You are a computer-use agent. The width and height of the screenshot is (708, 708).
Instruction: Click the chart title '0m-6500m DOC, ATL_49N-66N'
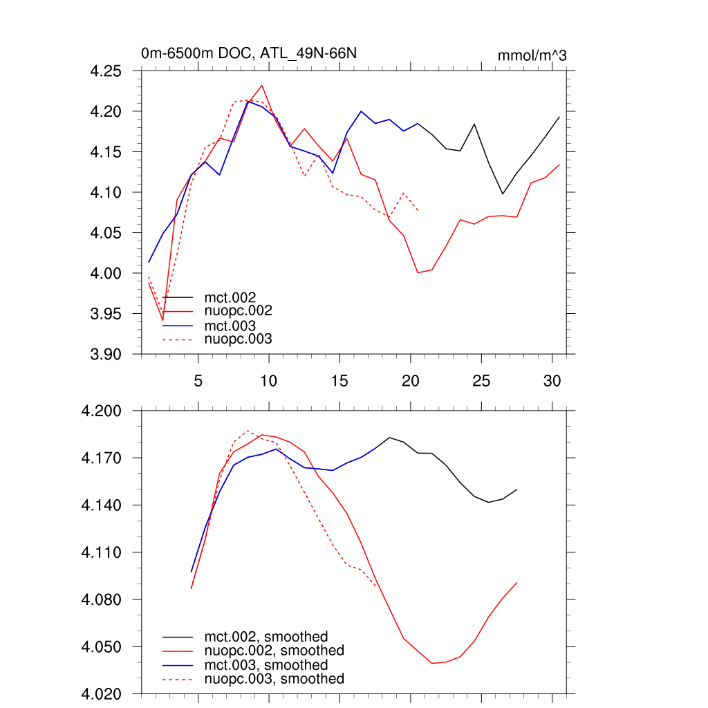click(x=249, y=53)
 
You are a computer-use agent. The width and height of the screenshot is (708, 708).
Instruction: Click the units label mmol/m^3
click(x=532, y=55)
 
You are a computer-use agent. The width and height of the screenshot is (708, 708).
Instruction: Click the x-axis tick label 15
click(x=339, y=380)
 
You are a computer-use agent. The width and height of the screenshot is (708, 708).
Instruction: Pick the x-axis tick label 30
click(x=552, y=380)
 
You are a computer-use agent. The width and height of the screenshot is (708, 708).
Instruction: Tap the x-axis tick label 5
click(x=198, y=380)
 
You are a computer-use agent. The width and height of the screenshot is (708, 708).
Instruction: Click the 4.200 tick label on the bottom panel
click(x=102, y=411)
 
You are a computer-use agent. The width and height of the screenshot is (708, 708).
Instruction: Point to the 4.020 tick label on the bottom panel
click(x=102, y=694)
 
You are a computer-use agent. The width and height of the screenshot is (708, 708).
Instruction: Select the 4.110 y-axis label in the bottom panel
click(x=102, y=552)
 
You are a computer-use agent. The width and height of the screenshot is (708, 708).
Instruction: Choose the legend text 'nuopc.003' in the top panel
click(x=239, y=339)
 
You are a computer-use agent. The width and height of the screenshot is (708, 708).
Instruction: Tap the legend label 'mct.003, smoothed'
click(x=265, y=665)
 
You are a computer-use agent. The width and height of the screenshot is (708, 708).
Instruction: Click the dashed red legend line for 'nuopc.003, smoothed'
click(x=178, y=680)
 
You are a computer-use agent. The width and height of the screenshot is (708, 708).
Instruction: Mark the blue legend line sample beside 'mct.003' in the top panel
click(x=178, y=326)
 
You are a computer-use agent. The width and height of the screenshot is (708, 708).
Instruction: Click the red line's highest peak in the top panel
click(x=261, y=86)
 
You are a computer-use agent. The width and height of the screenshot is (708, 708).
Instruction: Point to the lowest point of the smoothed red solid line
click(x=432, y=663)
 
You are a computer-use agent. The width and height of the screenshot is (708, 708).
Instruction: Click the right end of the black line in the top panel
click(x=559, y=117)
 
